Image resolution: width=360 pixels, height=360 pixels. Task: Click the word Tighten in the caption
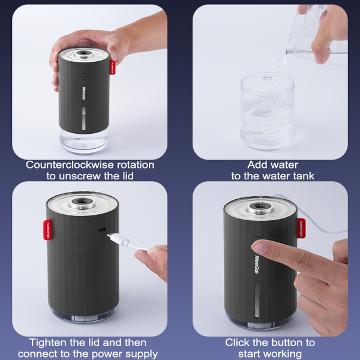[48, 343]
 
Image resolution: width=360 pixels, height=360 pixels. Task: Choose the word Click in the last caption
[238, 343]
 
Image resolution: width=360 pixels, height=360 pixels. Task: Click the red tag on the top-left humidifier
[113, 68]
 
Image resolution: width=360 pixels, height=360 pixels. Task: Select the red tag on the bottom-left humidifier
[47, 230]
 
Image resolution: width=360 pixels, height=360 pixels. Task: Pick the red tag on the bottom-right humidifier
[301, 228]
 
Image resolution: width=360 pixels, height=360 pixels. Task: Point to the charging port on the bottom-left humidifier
[102, 230]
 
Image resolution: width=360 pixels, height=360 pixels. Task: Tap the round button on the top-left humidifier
[84, 76]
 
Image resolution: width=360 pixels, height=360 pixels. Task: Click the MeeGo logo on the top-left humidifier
[84, 93]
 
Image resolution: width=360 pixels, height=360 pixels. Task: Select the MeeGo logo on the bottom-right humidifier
[256, 264]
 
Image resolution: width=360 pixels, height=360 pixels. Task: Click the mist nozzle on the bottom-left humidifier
[82, 202]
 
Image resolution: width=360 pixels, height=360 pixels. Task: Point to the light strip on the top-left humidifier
[84, 119]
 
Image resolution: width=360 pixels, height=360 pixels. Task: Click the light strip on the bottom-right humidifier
[257, 301]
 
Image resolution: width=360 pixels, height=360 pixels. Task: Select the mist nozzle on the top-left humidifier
[83, 54]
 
